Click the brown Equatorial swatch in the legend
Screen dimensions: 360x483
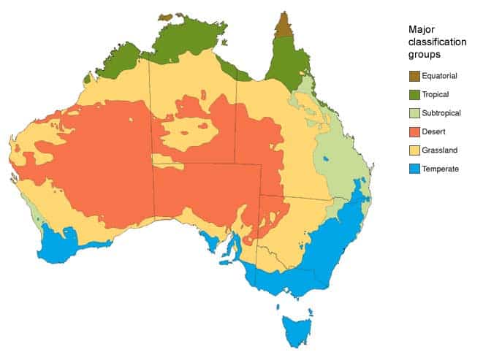pyautogui.click(x=414, y=76)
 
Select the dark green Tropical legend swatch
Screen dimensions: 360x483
pyautogui.click(x=414, y=94)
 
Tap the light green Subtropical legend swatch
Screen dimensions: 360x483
pyautogui.click(x=414, y=113)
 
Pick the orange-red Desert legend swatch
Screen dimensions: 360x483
pyautogui.click(x=414, y=132)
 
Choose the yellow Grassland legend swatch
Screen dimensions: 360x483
pyautogui.click(x=414, y=150)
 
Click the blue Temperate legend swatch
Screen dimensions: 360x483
pyautogui.click(x=414, y=169)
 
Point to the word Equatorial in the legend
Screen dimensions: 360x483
pyautogui.click(x=440, y=76)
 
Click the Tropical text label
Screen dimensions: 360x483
pyautogui.click(x=436, y=94)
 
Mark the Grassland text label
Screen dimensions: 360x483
pyautogui.click(x=439, y=150)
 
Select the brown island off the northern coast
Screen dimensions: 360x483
pyautogui.click(x=166, y=17)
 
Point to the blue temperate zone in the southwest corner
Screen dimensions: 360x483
pyautogui.click(x=58, y=245)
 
